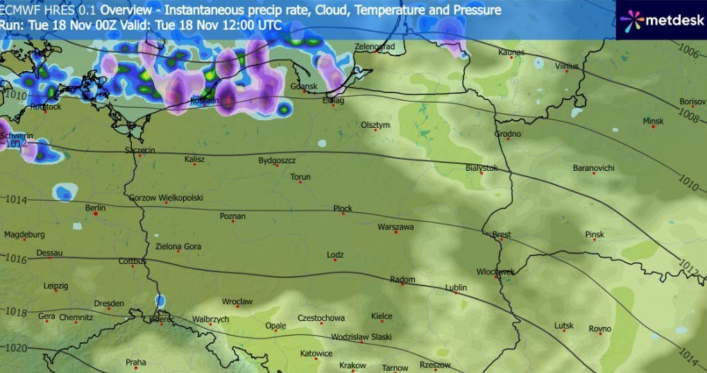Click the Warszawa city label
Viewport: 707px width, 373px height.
pos(395,227)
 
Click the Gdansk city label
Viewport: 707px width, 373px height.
pos(303,87)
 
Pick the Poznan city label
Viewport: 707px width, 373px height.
pos(232,216)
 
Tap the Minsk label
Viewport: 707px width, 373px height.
pos(653,121)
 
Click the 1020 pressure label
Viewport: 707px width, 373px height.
pos(14,347)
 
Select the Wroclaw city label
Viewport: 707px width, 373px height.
pos(237,301)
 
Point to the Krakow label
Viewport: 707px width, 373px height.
pos(352,365)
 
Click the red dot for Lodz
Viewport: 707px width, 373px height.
pos(336,265)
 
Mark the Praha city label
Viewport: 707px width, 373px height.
pos(135,362)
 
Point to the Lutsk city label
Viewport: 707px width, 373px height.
pos(564,326)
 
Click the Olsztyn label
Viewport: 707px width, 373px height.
pos(376,125)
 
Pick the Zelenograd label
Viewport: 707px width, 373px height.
pos(374,47)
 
